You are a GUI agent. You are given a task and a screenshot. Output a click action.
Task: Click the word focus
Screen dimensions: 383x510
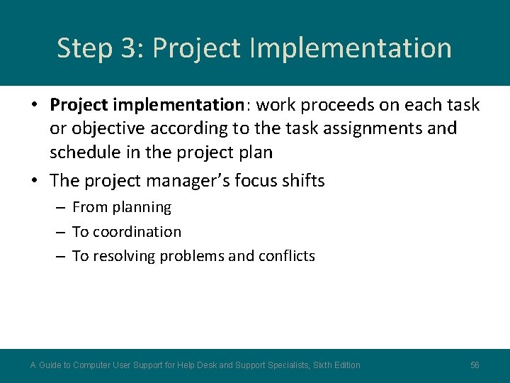coord(268,181)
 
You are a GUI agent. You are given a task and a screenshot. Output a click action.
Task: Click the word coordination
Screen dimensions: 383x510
coord(137,232)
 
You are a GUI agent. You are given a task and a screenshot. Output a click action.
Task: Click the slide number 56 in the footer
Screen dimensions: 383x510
coord(475,365)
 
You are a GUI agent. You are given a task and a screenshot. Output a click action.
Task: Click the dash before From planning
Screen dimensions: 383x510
coord(59,208)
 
